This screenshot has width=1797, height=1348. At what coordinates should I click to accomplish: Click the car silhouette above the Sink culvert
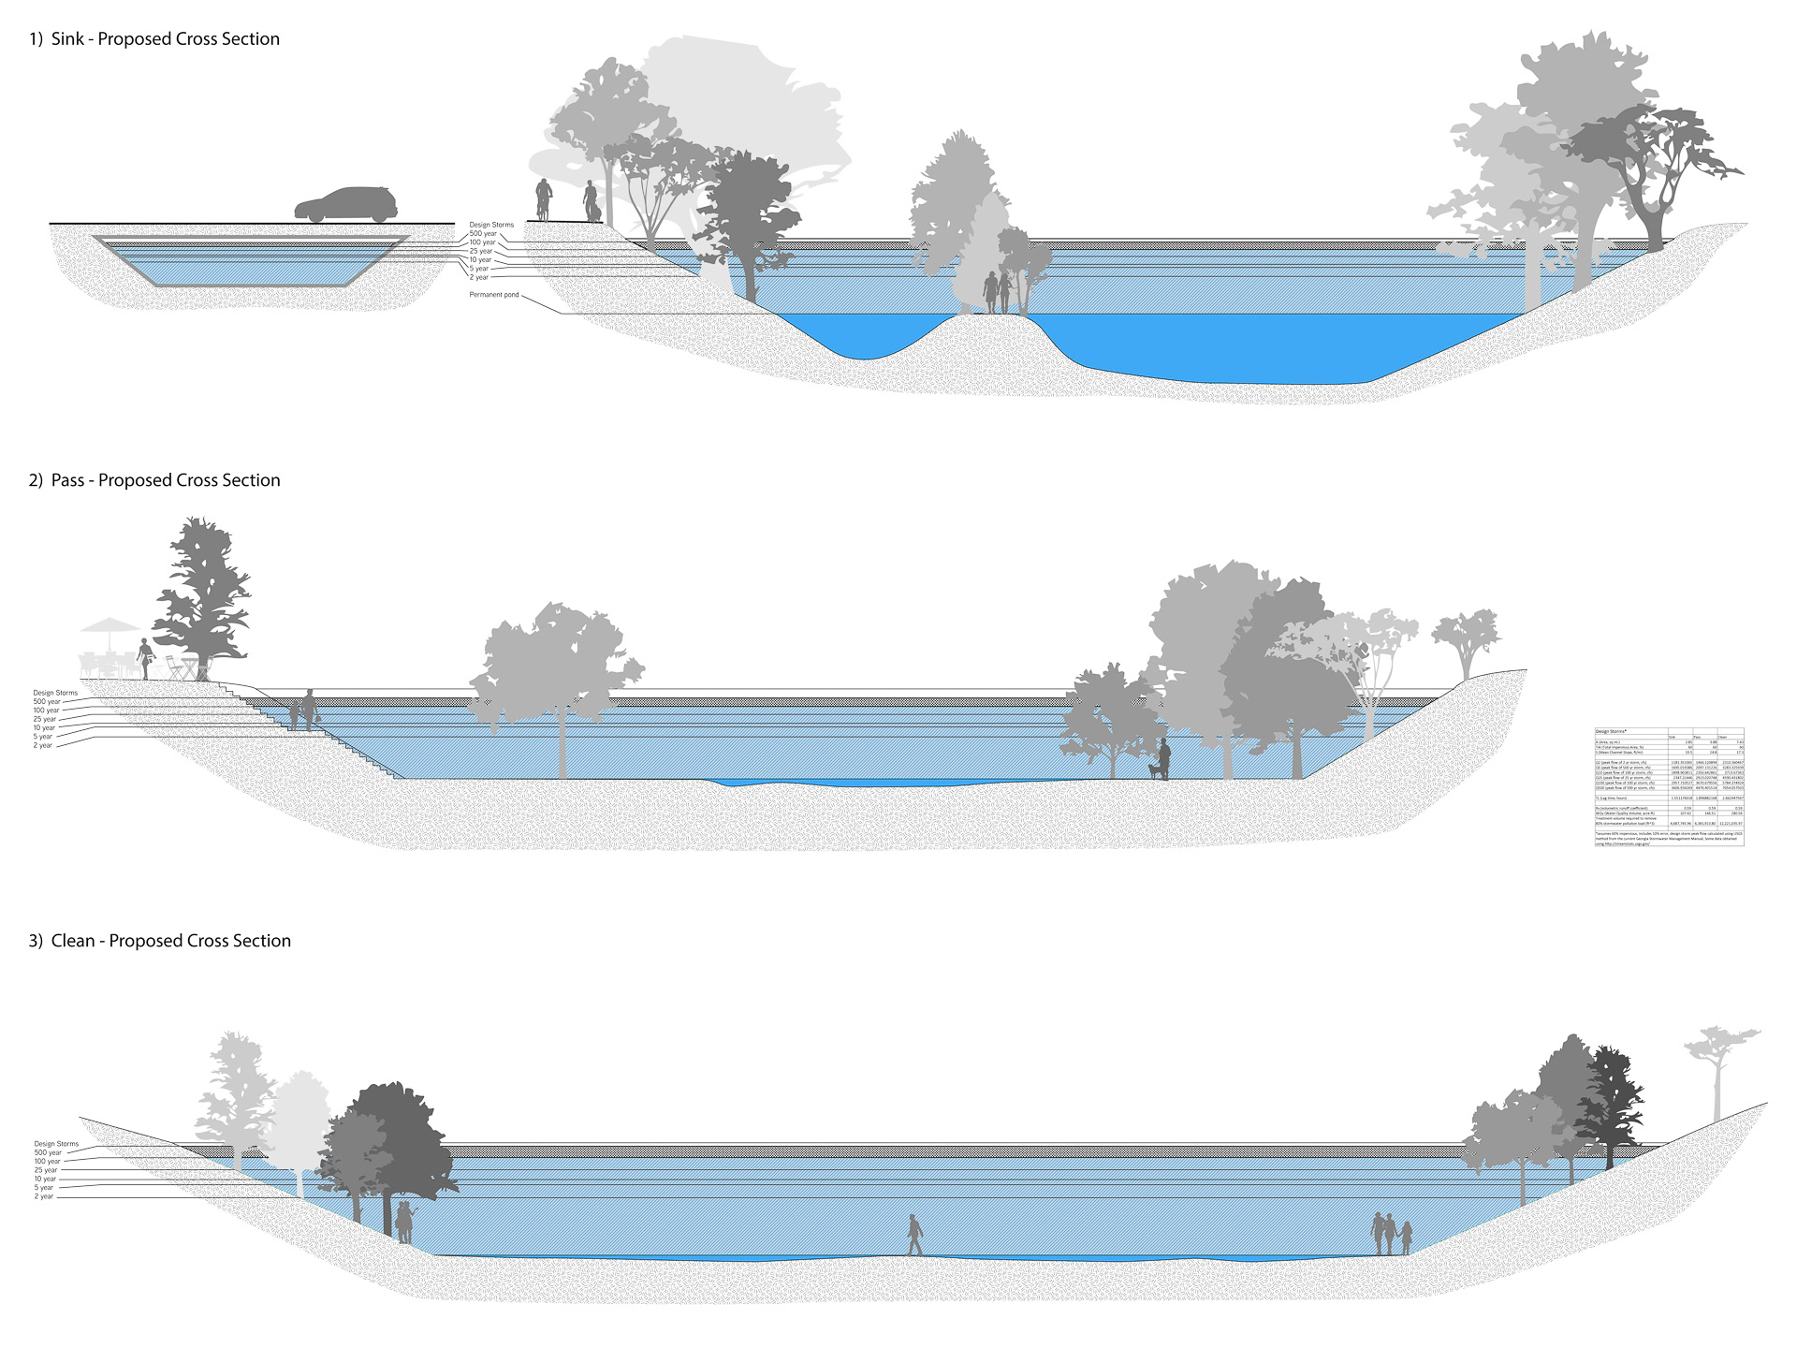click(x=346, y=205)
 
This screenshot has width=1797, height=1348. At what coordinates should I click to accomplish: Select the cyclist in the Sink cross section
click(x=543, y=199)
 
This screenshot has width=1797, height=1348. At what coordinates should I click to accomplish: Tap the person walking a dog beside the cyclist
click(x=591, y=202)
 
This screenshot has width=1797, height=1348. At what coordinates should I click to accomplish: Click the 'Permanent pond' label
click(x=493, y=295)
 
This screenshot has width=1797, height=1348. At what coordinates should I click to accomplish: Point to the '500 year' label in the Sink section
click(x=483, y=234)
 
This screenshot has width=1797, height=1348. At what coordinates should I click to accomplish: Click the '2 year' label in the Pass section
click(x=43, y=746)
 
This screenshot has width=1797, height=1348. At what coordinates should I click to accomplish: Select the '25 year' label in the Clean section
click(x=46, y=1170)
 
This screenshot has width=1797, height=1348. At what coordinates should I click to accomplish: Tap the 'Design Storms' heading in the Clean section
click(x=56, y=1144)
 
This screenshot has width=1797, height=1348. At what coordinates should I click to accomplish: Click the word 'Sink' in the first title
click(x=67, y=39)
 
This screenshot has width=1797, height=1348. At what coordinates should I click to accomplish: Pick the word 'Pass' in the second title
click(x=67, y=480)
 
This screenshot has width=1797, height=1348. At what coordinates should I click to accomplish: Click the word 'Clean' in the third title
click(x=73, y=941)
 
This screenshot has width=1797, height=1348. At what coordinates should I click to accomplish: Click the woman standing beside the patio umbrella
click(x=145, y=658)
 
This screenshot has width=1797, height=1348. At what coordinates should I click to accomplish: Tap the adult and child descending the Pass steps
click(x=303, y=711)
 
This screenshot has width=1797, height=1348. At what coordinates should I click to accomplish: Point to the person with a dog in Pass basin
click(x=1161, y=759)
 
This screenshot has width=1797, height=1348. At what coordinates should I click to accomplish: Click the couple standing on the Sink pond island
click(x=998, y=292)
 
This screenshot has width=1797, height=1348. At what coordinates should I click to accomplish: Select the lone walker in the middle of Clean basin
click(x=914, y=1235)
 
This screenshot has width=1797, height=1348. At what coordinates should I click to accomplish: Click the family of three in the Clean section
click(x=1391, y=1234)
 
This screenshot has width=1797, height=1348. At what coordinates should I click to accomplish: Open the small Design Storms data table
click(x=1669, y=787)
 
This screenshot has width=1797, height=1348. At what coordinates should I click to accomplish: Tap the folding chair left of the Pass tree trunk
click(x=175, y=668)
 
